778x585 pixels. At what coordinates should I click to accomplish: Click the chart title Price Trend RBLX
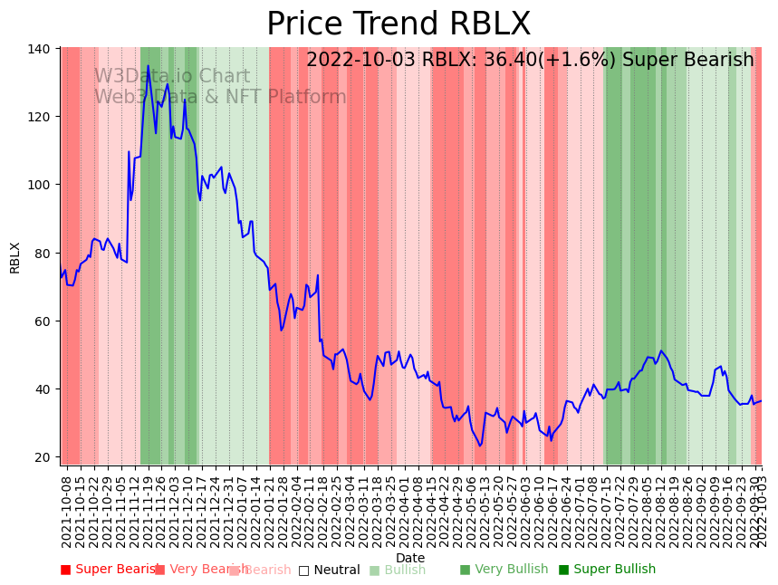[399, 24]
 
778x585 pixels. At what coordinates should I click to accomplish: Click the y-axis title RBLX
[15, 257]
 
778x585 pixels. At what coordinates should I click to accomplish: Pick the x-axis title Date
[410, 558]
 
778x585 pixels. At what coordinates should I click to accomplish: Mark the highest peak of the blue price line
[149, 66]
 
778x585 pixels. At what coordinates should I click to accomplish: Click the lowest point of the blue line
[481, 446]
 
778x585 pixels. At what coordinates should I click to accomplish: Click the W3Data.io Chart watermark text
[172, 77]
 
